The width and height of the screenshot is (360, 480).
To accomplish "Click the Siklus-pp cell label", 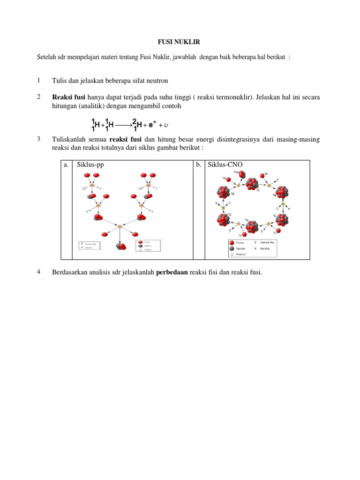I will point(90,165).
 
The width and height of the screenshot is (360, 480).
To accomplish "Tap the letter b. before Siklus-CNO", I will point(199,165).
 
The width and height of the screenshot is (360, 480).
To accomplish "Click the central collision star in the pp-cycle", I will point(120,226).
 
